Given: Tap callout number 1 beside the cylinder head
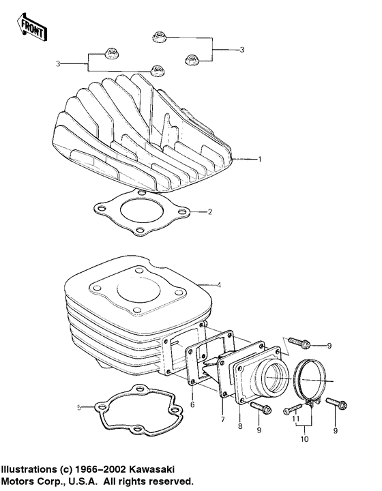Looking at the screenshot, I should (259, 159).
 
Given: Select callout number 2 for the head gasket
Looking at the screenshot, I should (211, 212).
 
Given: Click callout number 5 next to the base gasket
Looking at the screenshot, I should (79, 407).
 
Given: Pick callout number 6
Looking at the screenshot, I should (192, 405).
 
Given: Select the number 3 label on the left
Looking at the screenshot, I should (58, 63).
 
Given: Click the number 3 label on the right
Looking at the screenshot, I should (241, 49).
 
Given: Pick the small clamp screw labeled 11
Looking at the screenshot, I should (289, 408).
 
